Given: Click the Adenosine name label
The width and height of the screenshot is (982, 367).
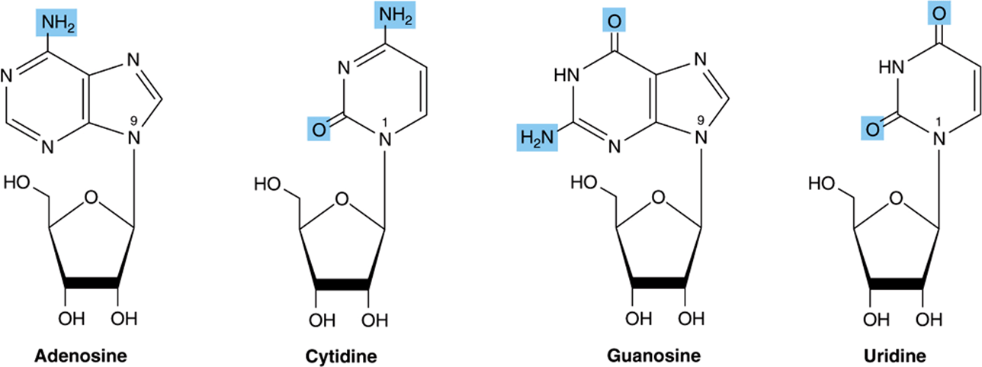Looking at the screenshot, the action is click(x=81, y=355).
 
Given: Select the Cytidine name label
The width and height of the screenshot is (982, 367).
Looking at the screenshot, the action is click(x=341, y=356).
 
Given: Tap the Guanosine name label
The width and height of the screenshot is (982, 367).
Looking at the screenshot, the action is click(x=653, y=355).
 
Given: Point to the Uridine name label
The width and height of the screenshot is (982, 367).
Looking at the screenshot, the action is click(x=895, y=355).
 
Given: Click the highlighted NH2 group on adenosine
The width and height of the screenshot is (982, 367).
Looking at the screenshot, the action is click(x=57, y=22).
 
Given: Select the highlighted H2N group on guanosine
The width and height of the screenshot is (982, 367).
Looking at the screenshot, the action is click(x=537, y=137).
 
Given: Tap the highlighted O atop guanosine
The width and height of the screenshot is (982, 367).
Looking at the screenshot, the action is click(x=615, y=21).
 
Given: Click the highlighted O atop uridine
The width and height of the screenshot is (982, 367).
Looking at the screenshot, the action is click(x=939, y=13).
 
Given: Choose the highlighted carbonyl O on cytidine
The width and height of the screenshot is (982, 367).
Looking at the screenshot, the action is click(x=319, y=129).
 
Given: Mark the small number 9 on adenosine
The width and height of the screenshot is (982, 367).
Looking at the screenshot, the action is click(x=133, y=121).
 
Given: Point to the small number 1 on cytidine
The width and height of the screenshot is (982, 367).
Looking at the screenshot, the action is click(x=385, y=123).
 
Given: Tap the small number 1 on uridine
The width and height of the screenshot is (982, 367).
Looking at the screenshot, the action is click(x=939, y=121).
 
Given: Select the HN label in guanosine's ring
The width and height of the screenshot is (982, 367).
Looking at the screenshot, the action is click(x=566, y=76).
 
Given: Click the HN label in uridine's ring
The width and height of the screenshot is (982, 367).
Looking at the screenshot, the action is click(x=892, y=67).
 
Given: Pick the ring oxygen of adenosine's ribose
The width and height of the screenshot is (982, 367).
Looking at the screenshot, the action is click(x=91, y=198).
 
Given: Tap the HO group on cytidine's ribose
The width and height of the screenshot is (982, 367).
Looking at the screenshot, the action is click(x=268, y=184).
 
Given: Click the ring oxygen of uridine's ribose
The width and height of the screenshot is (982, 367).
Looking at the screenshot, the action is click(x=896, y=198).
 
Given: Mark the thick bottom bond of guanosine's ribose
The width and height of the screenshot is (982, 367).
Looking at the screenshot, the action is click(x=659, y=283).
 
